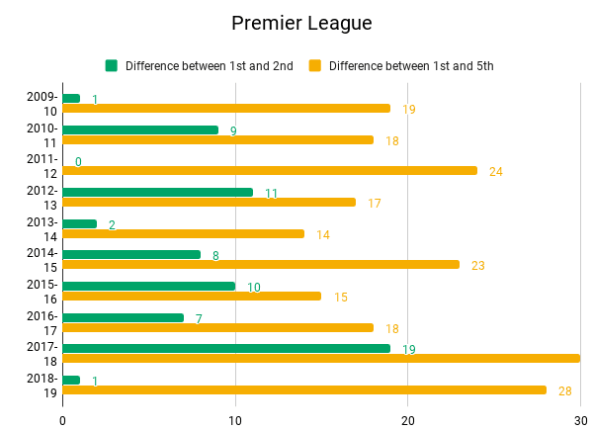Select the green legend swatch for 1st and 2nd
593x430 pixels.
click(112, 66)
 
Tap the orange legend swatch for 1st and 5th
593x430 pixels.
click(315, 66)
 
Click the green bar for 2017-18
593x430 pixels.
click(226, 348)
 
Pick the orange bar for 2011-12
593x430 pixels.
click(270, 170)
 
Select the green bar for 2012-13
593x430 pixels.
click(157, 192)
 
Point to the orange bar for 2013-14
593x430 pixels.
click(184, 233)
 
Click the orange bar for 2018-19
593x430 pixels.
click(304, 389)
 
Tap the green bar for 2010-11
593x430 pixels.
click(140, 129)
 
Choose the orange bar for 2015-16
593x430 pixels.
click(192, 296)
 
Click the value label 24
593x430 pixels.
click(496, 172)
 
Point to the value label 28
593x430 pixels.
click(565, 391)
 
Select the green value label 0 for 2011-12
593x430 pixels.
click(78, 161)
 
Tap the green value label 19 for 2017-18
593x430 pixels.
click(409, 350)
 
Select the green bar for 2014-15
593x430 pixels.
click(131, 254)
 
